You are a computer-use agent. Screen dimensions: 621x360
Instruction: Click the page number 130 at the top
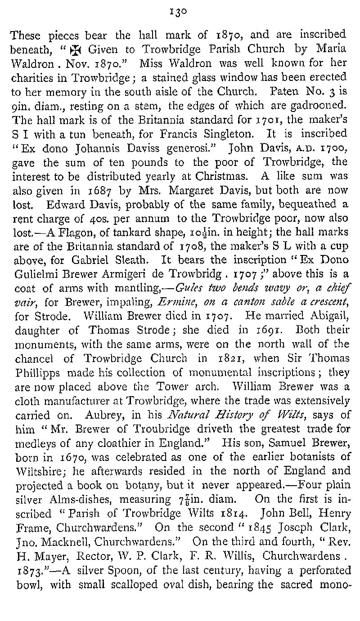click(x=180, y=12)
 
